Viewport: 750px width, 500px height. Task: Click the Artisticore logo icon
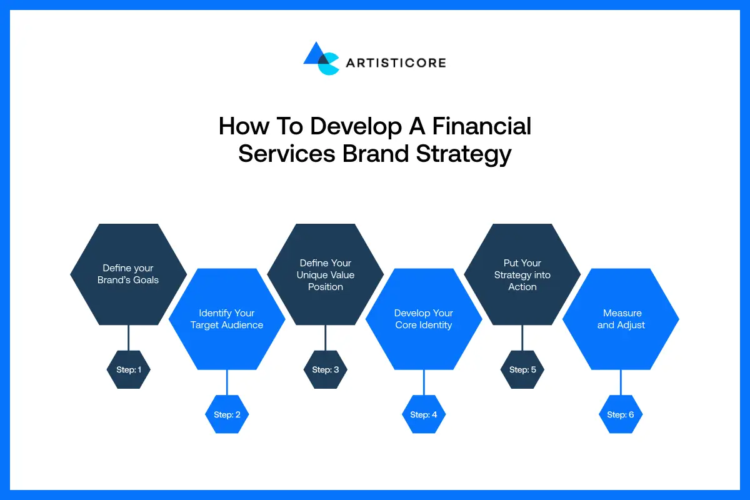321,59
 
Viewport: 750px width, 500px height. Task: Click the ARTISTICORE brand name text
395,62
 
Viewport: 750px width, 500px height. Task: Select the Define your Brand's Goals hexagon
128,274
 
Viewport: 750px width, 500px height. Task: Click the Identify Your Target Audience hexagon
227,319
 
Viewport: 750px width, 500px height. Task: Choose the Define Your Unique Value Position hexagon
325,274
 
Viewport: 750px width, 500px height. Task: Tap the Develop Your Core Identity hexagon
424,319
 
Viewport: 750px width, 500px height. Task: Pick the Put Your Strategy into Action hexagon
522,274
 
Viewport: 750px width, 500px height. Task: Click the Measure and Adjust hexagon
621,319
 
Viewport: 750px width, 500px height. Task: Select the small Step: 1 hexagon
128,369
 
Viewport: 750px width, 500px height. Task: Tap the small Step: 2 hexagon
227,414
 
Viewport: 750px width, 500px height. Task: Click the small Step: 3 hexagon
325,369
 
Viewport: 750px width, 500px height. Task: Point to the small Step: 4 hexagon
424,414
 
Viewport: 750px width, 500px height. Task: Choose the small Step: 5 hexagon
522,369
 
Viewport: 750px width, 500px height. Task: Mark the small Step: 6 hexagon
621,414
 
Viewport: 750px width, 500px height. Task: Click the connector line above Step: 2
227,382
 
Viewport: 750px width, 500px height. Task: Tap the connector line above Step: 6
621,382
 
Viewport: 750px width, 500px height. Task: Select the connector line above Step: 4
424,382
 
